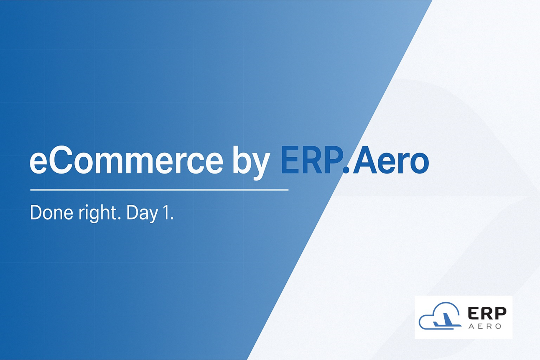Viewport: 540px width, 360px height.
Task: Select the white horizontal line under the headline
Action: point(159,190)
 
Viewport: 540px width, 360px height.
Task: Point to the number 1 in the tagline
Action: point(166,214)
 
